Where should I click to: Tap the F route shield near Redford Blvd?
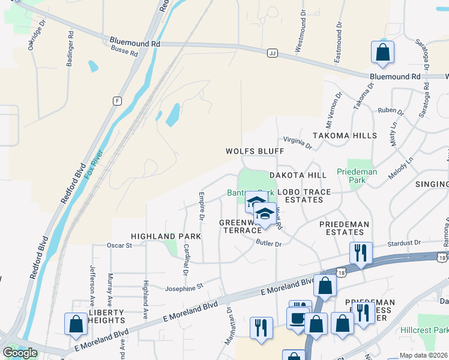(x=116, y=100)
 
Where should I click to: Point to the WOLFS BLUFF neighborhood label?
(x=255, y=151)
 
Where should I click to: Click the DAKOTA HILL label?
(x=298, y=175)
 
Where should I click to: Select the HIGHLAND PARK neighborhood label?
(x=166, y=237)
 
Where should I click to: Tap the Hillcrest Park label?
(x=432, y=330)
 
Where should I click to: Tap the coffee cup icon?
(x=298, y=318)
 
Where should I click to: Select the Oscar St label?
(x=119, y=245)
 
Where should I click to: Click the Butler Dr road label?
(x=268, y=244)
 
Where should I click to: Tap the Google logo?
(x=20, y=352)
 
